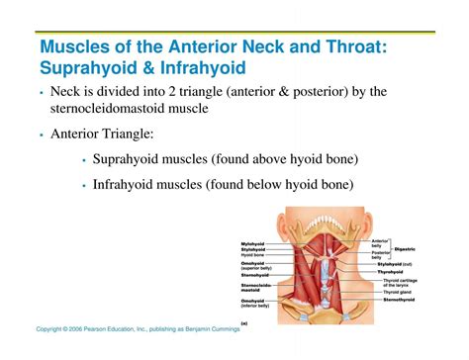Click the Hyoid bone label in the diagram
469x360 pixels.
[254, 255]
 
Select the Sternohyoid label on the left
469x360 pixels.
[254, 273]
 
